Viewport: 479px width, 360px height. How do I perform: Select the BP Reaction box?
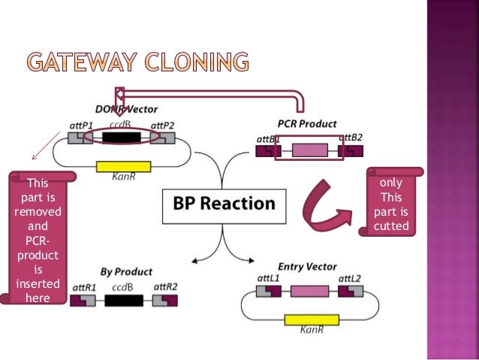(x=224, y=203)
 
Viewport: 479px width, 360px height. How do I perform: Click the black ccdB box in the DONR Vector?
(x=122, y=138)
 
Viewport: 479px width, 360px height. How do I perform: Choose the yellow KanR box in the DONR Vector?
(x=124, y=167)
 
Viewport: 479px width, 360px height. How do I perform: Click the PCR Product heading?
(x=307, y=123)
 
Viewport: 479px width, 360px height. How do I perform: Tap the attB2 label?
(x=351, y=137)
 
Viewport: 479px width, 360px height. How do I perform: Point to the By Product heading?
(x=126, y=271)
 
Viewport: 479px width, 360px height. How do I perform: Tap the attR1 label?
(x=83, y=286)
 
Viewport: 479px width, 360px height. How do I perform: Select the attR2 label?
(x=165, y=286)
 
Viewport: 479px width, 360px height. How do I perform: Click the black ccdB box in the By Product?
(x=124, y=301)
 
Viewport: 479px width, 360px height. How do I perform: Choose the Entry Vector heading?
(x=306, y=266)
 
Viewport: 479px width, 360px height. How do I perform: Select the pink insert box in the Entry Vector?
(x=309, y=291)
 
